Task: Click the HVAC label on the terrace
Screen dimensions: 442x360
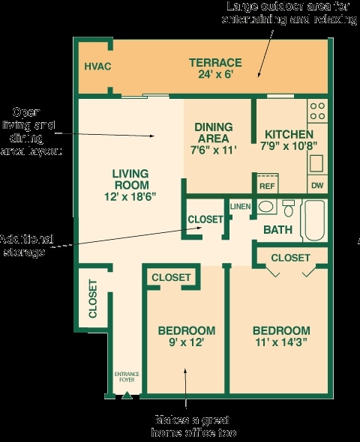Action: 97,67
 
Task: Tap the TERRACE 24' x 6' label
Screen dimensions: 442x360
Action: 214,68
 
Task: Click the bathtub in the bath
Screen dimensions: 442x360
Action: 313,220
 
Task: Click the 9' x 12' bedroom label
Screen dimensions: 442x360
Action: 187,336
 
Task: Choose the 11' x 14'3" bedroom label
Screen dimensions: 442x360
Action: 280,337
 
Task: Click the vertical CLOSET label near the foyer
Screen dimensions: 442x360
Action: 93,299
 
